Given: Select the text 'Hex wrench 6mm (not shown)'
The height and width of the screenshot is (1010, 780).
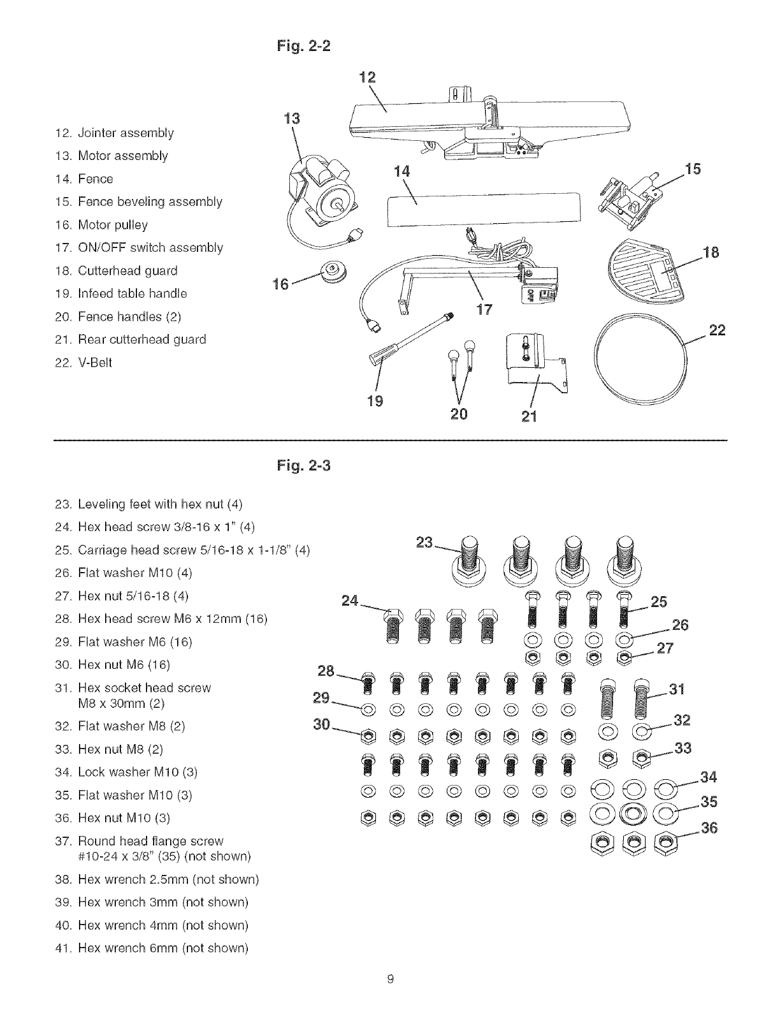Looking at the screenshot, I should pyautogui.click(x=162, y=948).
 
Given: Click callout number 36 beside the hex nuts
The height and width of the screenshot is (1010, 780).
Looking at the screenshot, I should pyautogui.click(x=709, y=828).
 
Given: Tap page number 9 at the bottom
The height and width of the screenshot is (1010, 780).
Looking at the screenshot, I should pyautogui.click(x=389, y=981).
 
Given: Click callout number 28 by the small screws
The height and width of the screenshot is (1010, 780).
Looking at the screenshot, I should pyautogui.click(x=326, y=671).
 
